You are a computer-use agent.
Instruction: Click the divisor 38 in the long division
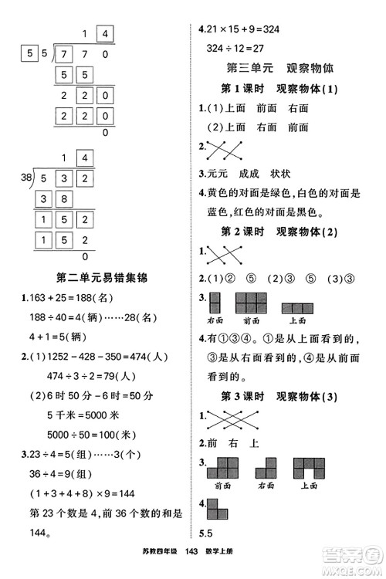(27, 179)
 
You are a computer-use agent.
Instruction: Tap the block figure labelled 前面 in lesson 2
(251, 302)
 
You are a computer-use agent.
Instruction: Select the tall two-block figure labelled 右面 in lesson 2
(215, 302)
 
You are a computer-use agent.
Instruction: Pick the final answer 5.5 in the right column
(205, 534)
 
